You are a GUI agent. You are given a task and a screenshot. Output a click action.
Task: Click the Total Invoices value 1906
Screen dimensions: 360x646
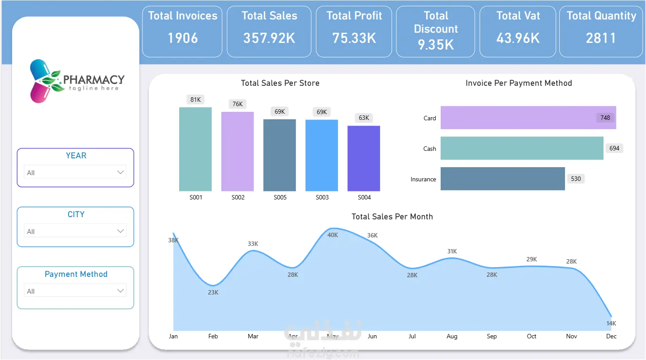tap(183, 38)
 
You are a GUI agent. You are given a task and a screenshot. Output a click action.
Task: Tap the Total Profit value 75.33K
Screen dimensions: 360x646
tap(354, 38)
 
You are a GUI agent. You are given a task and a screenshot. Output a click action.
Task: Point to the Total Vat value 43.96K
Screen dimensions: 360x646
tap(518, 38)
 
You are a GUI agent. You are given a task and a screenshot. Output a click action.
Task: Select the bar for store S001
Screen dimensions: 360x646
tap(195, 149)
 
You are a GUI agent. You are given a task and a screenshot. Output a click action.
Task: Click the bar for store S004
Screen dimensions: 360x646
tap(364, 158)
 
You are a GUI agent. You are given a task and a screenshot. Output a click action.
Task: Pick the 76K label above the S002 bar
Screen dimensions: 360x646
tap(238, 104)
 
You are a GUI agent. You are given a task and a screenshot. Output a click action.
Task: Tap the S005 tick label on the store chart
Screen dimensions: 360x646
tap(280, 197)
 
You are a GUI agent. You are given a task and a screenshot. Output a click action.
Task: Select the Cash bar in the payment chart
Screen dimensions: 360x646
tap(522, 148)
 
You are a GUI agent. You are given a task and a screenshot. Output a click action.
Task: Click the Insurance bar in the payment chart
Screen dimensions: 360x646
tap(503, 179)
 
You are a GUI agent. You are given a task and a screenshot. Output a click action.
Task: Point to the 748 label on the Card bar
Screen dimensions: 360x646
tap(605, 118)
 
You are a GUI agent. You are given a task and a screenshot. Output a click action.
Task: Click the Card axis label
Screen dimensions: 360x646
tap(430, 118)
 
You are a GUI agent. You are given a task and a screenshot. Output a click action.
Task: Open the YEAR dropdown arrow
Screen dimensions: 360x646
tap(120, 172)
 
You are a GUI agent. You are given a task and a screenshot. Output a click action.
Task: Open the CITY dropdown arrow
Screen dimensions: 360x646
tap(120, 231)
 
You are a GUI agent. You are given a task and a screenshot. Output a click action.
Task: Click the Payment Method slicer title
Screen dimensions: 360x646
tap(76, 274)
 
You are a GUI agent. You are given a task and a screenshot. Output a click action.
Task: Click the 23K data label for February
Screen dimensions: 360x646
tap(213, 292)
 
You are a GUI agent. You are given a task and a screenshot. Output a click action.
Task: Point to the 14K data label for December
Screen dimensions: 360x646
tap(611, 323)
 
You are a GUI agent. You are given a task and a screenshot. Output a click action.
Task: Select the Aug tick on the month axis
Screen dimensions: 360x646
tap(452, 336)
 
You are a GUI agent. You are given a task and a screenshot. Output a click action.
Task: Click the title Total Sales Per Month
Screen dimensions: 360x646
tap(392, 217)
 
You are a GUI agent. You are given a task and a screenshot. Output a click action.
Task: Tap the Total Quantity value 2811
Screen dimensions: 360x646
tap(600, 38)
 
